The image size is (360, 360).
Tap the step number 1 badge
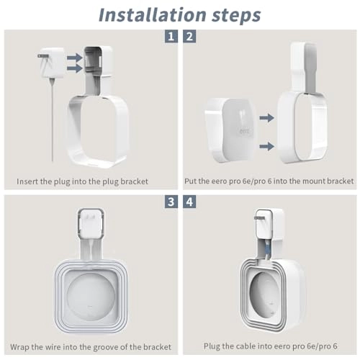pos(170,36)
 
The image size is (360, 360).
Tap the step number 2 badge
pos(189,36)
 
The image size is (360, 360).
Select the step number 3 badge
pos(170,202)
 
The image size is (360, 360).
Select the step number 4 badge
pos(189,202)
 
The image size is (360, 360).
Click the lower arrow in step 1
pos(73,69)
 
